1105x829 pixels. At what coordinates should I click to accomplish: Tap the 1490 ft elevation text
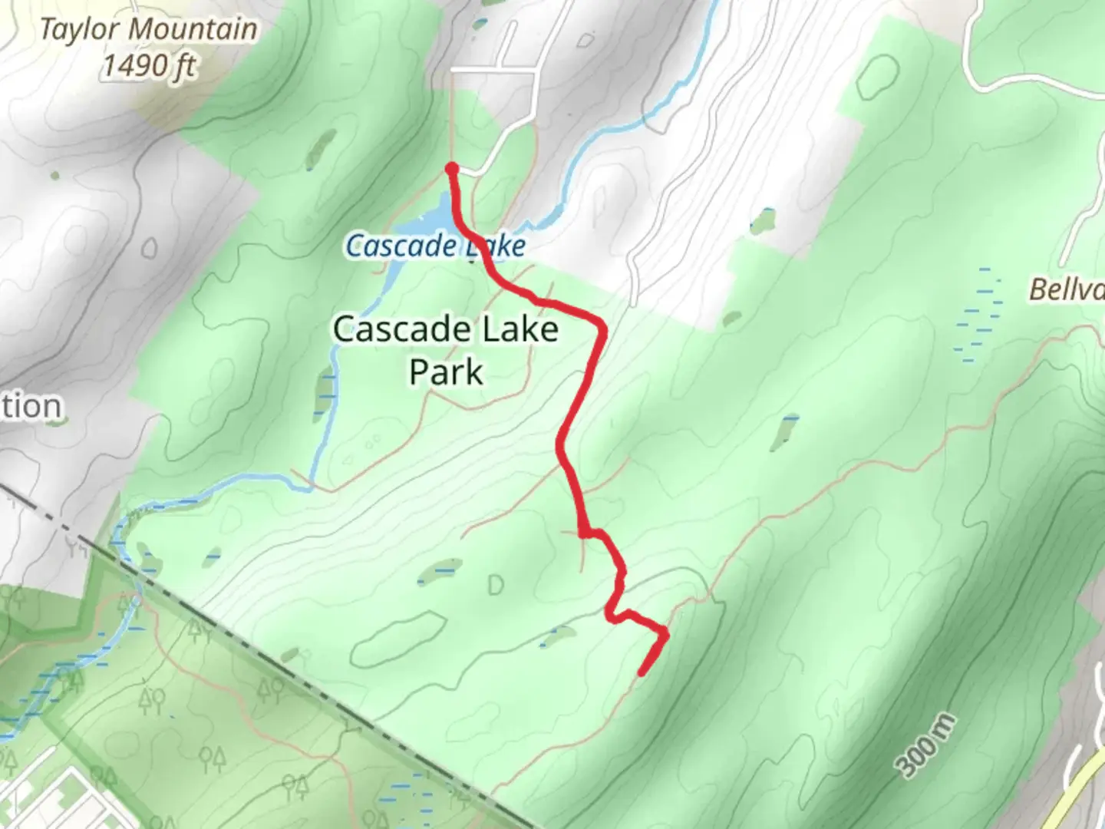[149, 66]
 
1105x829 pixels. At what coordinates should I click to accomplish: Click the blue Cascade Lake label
[435, 246]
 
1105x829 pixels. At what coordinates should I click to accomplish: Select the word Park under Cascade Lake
[446, 372]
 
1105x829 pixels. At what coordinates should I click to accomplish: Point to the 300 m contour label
[927, 745]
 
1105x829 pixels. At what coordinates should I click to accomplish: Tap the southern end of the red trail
[642, 674]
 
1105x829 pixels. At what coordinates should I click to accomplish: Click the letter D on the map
[495, 586]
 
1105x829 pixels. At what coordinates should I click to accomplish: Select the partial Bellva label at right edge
[1067, 289]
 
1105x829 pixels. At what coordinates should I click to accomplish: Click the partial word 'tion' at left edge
[31, 406]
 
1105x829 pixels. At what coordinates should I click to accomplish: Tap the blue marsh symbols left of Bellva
[979, 315]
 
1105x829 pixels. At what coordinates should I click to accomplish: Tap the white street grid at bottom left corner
[69, 798]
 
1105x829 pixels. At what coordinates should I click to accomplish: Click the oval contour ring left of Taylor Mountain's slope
[150, 247]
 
